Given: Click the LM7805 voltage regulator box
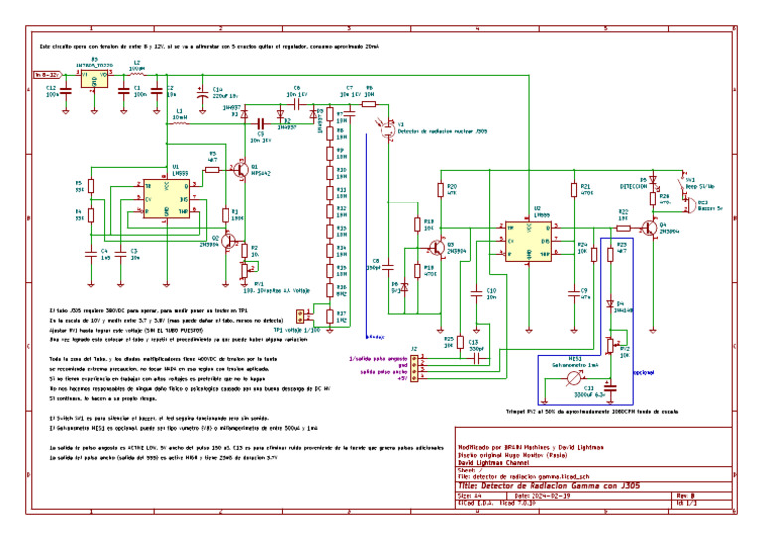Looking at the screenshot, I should coord(95,80).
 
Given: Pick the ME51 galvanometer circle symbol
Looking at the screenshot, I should coord(561,374).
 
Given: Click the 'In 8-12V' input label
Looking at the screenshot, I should coord(46,74).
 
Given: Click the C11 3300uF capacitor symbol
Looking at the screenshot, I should coord(586,396).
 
